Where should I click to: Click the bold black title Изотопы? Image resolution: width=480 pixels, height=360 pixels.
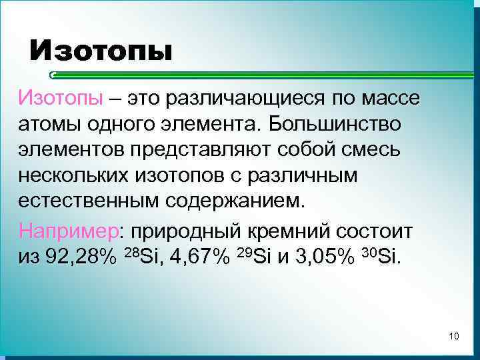[100, 50]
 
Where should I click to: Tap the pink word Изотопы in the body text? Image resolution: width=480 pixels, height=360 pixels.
[61, 99]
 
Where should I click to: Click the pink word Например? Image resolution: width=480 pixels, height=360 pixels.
[69, 231]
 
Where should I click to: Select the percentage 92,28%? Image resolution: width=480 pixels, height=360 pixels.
[83, 257]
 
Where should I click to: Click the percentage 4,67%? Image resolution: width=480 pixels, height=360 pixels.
[196, 257]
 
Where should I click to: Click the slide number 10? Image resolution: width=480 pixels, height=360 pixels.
[454, 335]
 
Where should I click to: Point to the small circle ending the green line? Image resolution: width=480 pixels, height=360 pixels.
[53, 75]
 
